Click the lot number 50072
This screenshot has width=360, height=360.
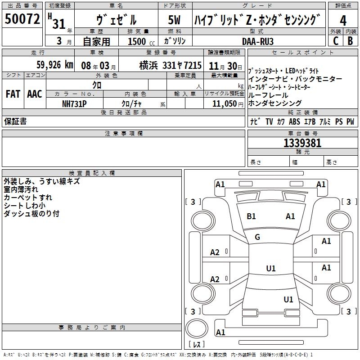click(x=22, y=19)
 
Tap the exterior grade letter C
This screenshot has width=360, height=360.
click(x=335, y=40)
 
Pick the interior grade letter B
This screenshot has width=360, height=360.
click(x=350, y=40)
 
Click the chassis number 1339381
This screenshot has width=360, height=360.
click(x=302, y=143)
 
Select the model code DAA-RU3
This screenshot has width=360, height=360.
click(x=257, y=41)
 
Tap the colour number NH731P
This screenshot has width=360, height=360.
click(x=74, y=103)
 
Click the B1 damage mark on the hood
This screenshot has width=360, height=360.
click(x=251, y=216)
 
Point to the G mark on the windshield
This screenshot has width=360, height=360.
click(x=257, y=237)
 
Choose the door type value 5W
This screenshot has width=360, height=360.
click(x=174, y=20)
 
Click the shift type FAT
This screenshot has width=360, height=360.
click(x=13, y=94)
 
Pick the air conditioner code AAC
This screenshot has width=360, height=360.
click(x=34, y=94)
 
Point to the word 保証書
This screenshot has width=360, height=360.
click(x=15, y=121)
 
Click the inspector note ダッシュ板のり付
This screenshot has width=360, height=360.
click(x=31, y=214)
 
